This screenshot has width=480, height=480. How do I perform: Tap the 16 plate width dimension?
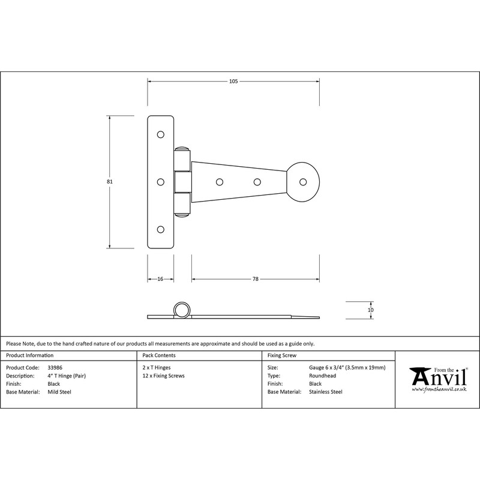[161, 279]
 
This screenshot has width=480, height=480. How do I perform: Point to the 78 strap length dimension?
[255, 279]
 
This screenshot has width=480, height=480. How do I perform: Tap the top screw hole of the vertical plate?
[161, 135]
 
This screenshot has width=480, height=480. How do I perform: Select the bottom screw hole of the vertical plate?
[161, 229]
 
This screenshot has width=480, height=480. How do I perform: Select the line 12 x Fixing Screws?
[164, 376]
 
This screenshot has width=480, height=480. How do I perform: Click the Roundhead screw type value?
[323, 376]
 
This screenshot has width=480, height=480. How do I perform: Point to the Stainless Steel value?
[326, 392]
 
